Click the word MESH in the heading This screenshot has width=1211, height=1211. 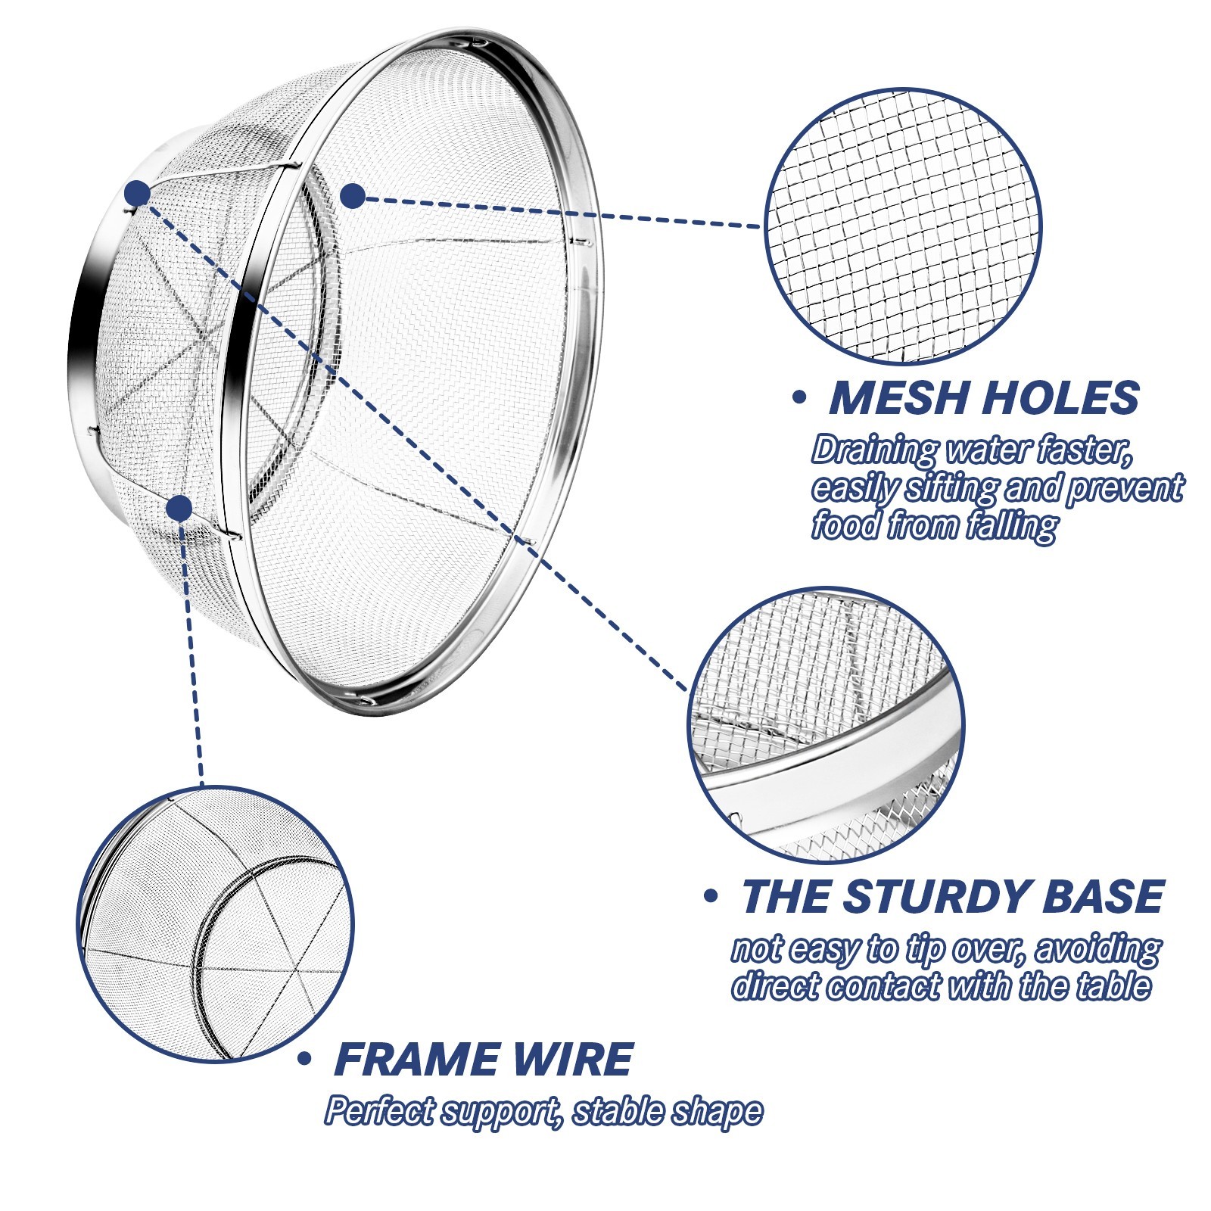pos(889,398)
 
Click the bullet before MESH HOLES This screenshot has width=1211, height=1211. pos(799,399)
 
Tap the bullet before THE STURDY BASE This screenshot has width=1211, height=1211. pos(710,897)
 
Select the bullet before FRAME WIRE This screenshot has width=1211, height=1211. pos(305,1058)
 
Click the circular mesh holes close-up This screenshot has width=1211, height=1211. pos(903,226)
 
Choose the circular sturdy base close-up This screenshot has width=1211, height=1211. pos(827,726)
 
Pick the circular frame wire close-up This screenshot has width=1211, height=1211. pos(216,923)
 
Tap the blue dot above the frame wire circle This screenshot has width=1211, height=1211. pos(179,508)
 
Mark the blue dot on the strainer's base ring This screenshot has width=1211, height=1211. pos(138,193)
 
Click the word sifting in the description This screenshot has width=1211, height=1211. pos(950,489)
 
